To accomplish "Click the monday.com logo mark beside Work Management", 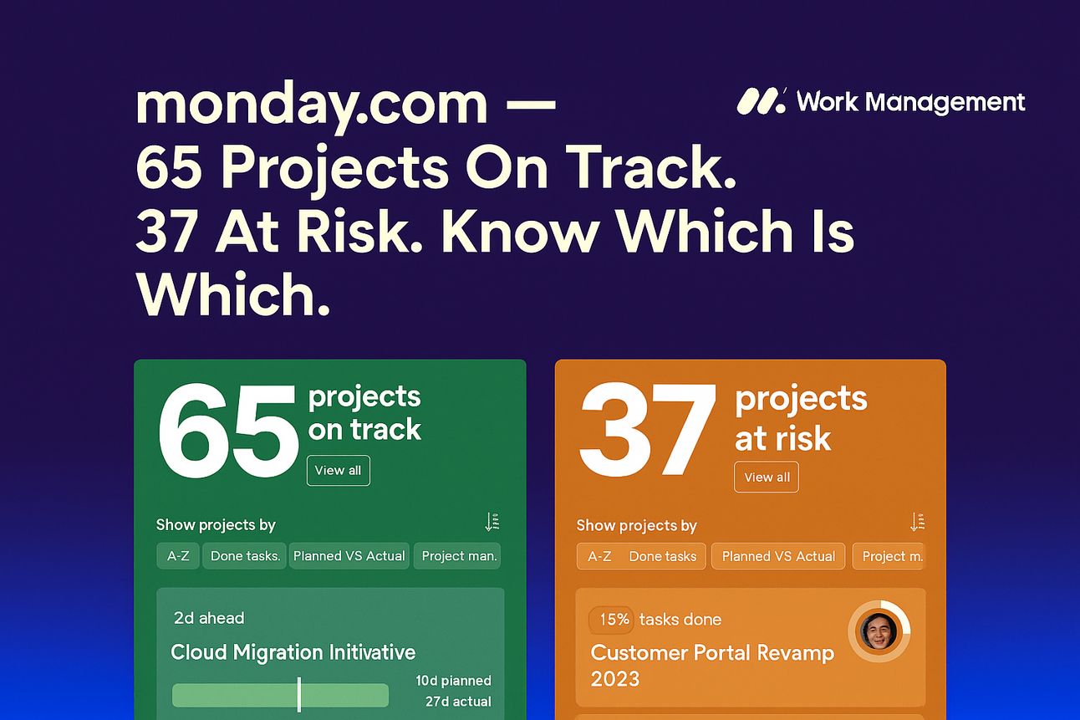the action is (761, 101).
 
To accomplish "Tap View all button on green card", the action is (338, 470).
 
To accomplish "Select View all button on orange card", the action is (767, 477).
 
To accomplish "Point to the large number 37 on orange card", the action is (648, 429).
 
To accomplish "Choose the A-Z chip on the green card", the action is (178, 556).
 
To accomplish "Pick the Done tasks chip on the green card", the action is (244, 556).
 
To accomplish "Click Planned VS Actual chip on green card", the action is (349, 556).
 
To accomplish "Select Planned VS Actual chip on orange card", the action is (778, 556).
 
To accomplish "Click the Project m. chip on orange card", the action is (889, 556).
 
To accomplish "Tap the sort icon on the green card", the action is (492, 523).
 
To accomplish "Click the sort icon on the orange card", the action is (917, 523).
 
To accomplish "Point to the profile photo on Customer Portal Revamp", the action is (879, 631).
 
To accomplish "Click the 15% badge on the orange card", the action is (611, 619).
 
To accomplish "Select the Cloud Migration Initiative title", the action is (293, 652).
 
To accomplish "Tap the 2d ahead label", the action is (209, 618).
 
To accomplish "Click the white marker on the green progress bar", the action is (299, 694).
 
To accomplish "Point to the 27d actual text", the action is (458, 702).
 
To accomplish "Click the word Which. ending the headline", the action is (233, 294).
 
